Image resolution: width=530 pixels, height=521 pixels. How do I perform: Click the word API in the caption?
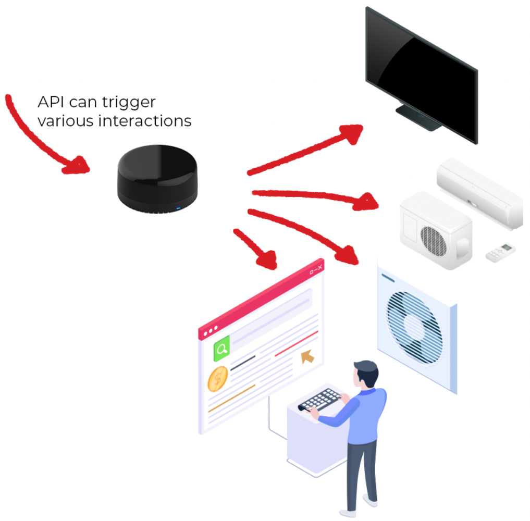click(x=51, y=102)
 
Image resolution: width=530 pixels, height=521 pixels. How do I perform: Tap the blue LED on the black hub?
click(x=178, y=209)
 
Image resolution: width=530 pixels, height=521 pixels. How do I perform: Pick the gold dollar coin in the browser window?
click(x=218, y=379)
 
